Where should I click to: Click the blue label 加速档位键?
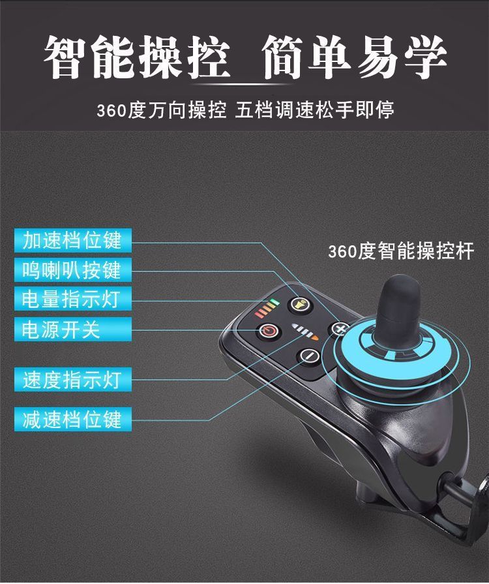[73, 240]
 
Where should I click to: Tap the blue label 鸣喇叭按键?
[73, 269]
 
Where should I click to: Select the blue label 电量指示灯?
[73, 299]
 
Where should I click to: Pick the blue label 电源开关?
[73, 330]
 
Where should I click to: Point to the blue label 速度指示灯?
[73, 380]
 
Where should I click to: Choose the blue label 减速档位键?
[73, 420]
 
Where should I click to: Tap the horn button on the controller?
[301, 305]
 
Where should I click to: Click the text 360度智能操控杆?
[401, 251]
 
